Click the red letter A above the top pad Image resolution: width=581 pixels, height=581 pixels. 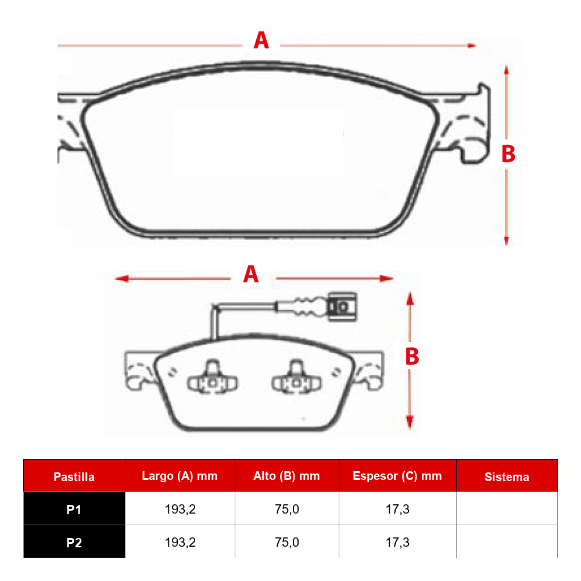click(261, 40)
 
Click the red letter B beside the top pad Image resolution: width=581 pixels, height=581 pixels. click(508, 154)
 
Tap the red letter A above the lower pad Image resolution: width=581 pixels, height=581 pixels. click(251, 274)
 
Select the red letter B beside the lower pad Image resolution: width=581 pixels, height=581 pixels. click(412, 357)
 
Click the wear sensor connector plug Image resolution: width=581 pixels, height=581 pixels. click(342, 306)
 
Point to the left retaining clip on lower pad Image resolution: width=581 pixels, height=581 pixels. click(212, 379)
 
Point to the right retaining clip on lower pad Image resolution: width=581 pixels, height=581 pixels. click(296, 379)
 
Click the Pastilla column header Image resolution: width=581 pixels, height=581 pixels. click(74, 477)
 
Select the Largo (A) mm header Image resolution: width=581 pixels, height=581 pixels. click(180, 476)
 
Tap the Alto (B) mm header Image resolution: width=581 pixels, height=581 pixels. click(286, 476)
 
